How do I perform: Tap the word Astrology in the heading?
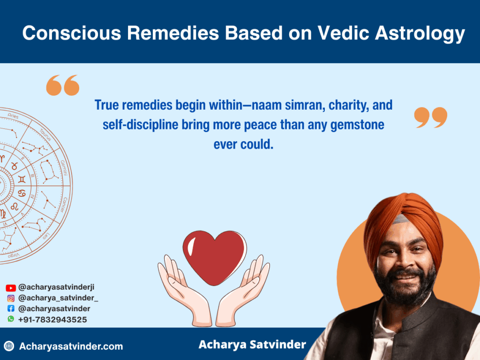[420, 34]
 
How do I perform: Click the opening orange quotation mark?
[63, 85]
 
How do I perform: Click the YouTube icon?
[11, 288]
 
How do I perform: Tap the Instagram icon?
[11, 298]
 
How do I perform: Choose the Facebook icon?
[11, 308]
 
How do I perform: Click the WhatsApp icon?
[11, 319]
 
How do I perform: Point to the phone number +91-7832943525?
[52, 320]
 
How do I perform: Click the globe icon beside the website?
[9, 346]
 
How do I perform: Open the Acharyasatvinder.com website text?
[71, 346]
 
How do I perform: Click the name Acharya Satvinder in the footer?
[252, 345]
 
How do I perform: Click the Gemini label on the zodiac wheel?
[64, 168]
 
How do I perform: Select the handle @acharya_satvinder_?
[58, 298]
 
